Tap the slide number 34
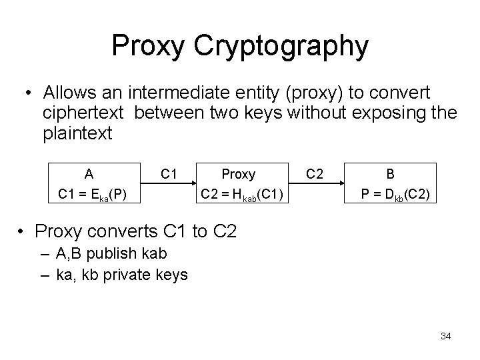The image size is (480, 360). click(446, 336)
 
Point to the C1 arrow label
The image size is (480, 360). click(169, 175)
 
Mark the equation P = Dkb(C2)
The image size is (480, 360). click(396, 195)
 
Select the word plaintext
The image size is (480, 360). click(78, 134)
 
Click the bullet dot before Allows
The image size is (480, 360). click(29, 93)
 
